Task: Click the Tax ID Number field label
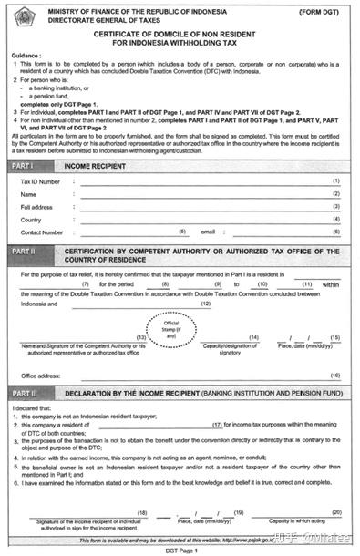pyautogui.click(x=40, y=182)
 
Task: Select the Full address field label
pyautogui.click(x=37, y=207)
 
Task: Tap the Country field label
pyautogui.click(x=31, y=220)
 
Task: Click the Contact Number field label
pyautogui.click(x=42, y=232)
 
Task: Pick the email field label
pyautogui.click(x=207, y=232)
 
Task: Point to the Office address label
pyautogui.click(x=41, y=376)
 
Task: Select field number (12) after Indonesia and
pyautogui.click(x=206, y=304)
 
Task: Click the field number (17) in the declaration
pyautogui.click(x=217, y=425)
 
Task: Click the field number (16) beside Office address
pyautogui.click(x=335, y=376)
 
